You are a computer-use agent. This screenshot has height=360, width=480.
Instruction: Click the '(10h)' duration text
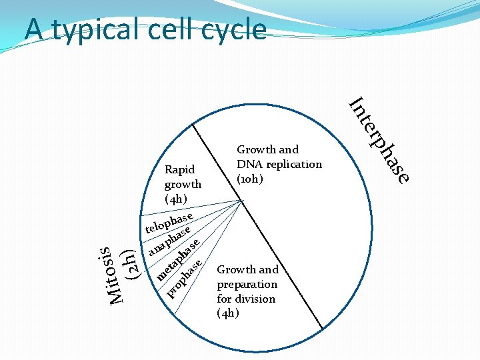(251, 179)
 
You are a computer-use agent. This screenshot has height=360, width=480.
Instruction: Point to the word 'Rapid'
(179, 169)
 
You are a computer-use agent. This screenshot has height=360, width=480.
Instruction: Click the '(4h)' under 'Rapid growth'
(177, 199)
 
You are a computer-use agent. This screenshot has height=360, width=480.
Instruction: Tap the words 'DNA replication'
(279, 164)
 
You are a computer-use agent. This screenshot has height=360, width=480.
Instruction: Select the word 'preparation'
(246, 284)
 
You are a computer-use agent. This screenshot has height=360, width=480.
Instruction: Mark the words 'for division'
(246, 299)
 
